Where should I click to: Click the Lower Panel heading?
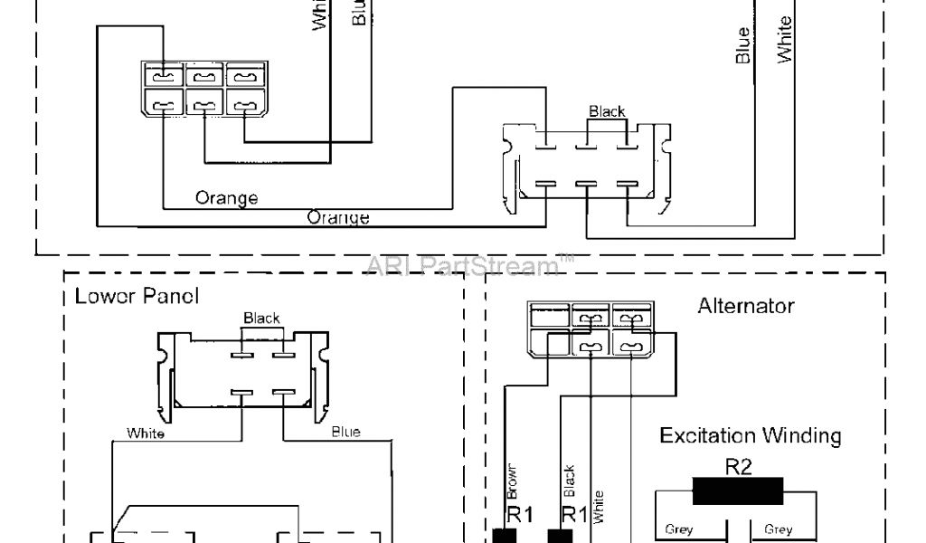(137, 296)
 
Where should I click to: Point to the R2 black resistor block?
(737, 492)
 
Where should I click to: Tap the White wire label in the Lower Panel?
(146, 433)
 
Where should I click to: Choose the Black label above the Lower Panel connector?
(261, 319)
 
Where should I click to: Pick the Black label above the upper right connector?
(607, 111)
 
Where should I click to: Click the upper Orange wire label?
(226, 198)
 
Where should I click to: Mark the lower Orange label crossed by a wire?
(337, 217)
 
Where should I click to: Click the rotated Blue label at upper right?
(743, 45)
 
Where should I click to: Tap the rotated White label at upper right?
(785, 39)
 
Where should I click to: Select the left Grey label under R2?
(679, 530)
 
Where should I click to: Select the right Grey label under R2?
(779, 530)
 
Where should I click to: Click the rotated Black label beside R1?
(569, 482)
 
